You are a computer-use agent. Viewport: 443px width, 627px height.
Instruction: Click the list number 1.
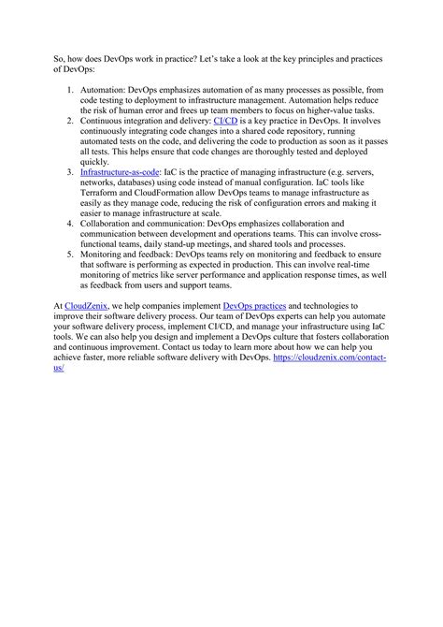coord(71,90)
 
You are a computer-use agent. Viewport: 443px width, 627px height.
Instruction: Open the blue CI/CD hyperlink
coord(226,121)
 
